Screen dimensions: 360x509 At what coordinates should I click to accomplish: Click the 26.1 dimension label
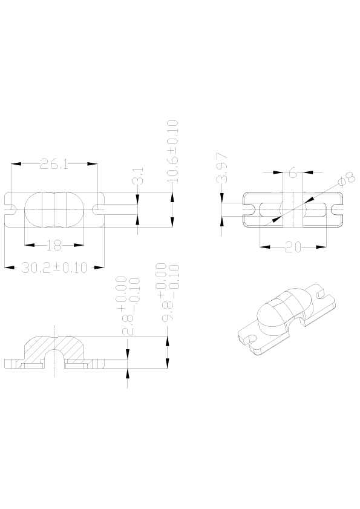pos(54,164)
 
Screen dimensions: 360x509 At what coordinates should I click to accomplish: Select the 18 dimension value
pos(54,245)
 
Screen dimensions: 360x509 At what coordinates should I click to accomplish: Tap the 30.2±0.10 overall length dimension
pos(54,268)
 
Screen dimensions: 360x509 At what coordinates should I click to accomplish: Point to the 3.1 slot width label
pos(139,176)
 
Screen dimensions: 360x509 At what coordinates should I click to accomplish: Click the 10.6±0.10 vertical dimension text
pos(172,151)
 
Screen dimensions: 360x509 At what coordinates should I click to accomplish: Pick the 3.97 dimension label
pos(223,168)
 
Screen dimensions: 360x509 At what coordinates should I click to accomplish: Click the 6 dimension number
pos(293,172)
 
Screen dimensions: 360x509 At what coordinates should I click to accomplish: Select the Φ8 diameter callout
pos(346,180)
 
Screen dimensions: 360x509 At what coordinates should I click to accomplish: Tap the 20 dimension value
pos(293,247)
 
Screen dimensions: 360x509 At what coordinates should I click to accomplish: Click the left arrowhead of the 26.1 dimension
pos(16,164)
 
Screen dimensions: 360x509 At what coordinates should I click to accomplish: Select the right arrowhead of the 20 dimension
pos(321,247)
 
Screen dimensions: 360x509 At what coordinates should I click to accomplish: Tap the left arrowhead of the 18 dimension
pos(30,245)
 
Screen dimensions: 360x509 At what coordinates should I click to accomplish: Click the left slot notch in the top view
pos(10,209)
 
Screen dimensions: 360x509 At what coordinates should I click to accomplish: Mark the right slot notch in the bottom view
pos(338,209)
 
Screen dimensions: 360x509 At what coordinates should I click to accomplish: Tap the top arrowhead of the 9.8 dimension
pos(167,341)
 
